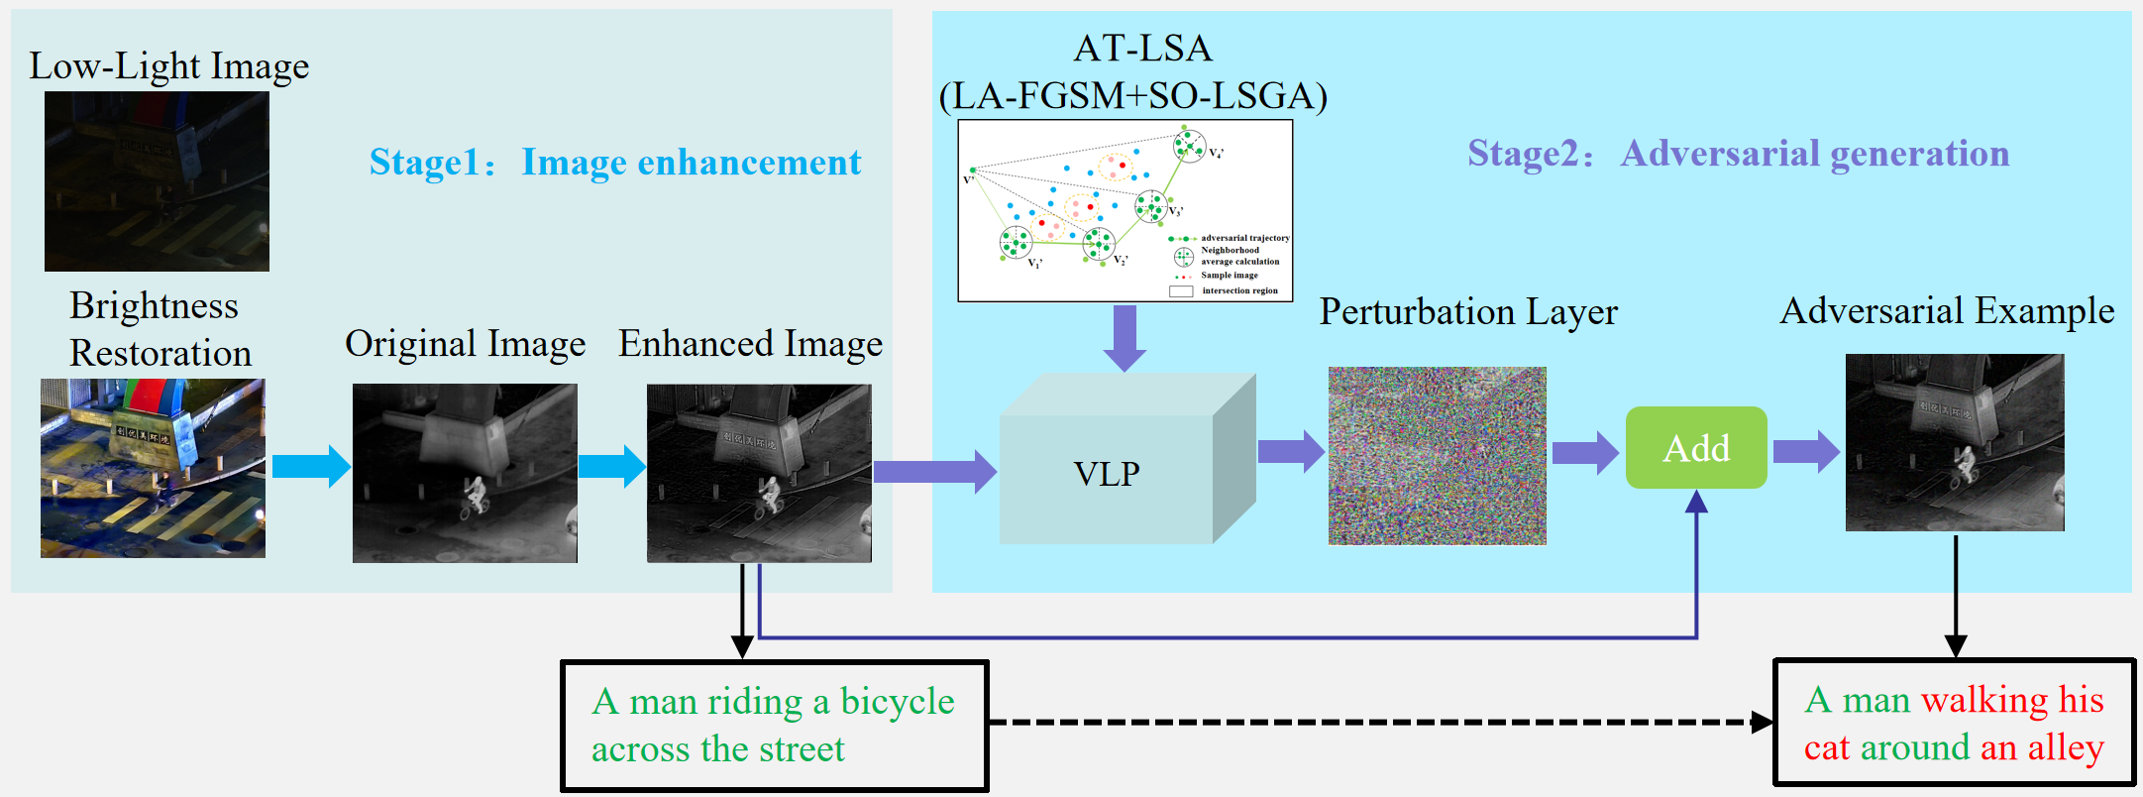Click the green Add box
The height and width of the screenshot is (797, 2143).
(x=1695, y=448)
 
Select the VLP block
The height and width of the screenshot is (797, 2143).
(x=1107, y=473)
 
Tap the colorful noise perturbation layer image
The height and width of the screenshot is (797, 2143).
(x=1437, y=456)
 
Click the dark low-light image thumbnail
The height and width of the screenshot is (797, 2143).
(x=157, y=181)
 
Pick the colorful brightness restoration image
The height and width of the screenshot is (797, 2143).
(x=153, y=468)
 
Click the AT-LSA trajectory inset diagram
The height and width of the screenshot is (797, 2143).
(x=1125, y=210)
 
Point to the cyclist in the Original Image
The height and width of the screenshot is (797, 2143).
(x=475, y=496)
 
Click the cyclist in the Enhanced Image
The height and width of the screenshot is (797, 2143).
(x=769, y=495)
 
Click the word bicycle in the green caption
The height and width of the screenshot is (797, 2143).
(x=897, y=702)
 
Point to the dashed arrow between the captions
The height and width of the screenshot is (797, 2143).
(x=1377, y=723)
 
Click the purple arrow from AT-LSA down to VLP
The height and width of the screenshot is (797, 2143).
(x=1125, y=337)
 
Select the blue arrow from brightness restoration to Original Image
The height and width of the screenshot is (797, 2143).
(x=310, y=466)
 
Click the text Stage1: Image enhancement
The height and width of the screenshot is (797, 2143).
(x=614, y=163)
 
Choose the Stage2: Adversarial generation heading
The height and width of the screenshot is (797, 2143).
(x=1738, y=154)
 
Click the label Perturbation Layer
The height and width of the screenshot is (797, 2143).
(x=1467, y=312)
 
